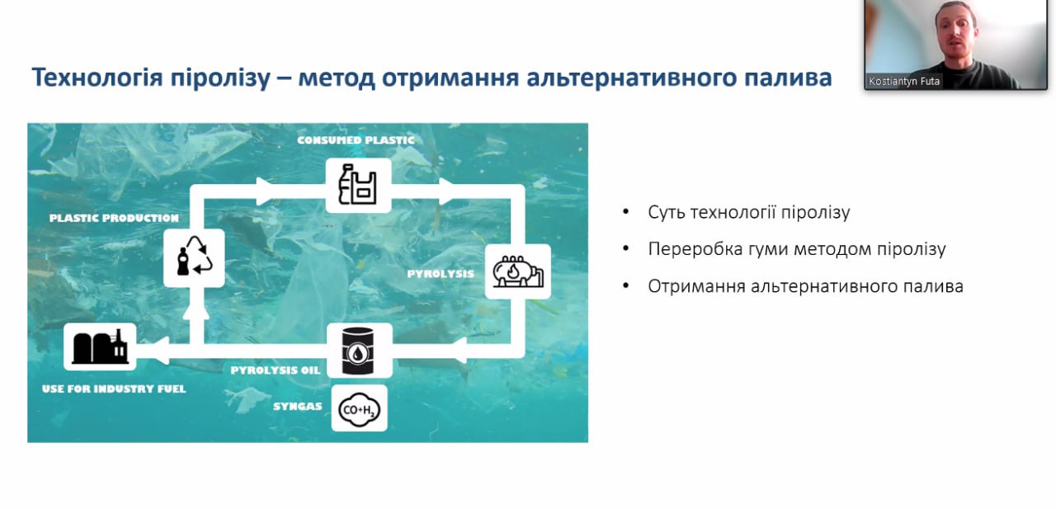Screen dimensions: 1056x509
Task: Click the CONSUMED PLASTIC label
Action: tap(356, 140)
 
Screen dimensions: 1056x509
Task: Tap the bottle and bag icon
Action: tap(358, 185)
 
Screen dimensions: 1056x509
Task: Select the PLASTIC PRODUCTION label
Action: tap(114, 218)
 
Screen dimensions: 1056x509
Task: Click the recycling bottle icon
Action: tap(194, 257)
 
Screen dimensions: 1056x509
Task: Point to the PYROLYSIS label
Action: tap(441, 274)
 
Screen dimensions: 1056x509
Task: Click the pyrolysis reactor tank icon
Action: tap(518, 271)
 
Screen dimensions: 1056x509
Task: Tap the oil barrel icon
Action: tap(358, 351)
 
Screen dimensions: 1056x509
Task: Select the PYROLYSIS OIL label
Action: tap(276, 370)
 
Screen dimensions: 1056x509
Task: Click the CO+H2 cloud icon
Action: tap(359, 409)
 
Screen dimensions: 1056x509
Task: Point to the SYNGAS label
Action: tap(298, 406)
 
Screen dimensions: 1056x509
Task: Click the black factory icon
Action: tap(100, 346)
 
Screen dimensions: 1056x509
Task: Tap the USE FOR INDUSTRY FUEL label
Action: tap(114, 389)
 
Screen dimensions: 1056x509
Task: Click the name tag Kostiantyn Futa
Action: tap(903, 81)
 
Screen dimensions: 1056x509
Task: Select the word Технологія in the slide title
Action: tap(97, 78)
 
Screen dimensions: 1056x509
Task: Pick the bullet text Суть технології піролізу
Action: tap(748, 212)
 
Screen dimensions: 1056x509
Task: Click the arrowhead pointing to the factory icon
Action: tap(160, 351)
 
